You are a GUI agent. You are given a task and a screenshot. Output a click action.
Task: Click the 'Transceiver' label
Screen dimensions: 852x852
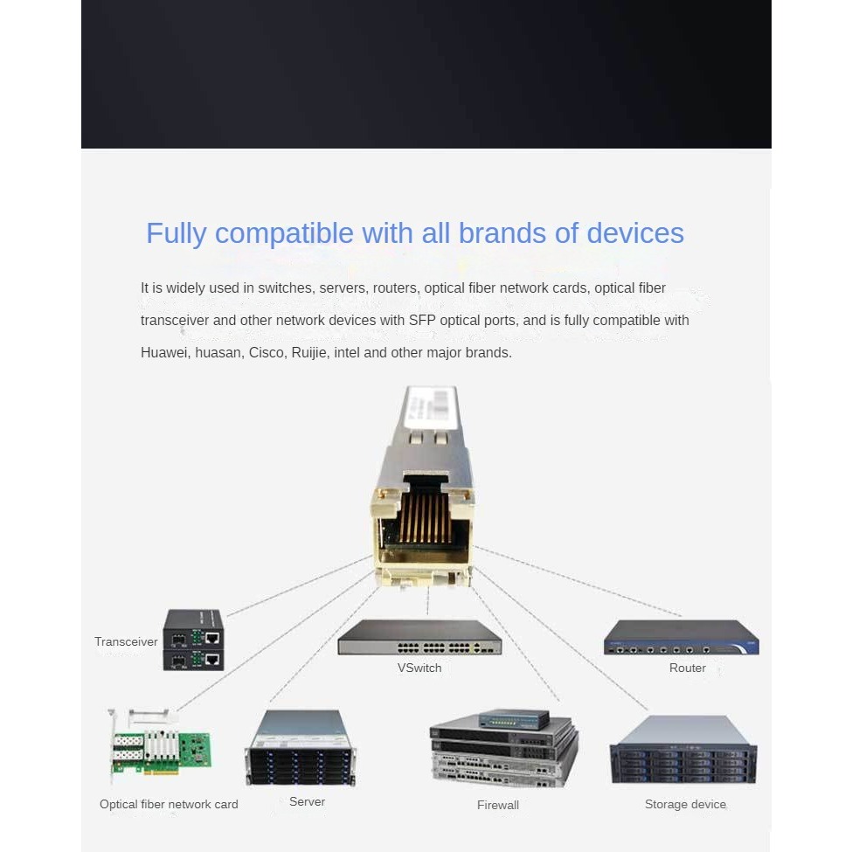(126, 641)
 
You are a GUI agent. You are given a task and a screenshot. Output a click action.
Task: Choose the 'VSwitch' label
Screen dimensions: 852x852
(419, 668)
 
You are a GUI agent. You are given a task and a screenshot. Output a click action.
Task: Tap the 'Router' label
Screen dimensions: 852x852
(688, 668)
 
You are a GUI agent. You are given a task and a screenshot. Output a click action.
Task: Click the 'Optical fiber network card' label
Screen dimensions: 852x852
(169, 804)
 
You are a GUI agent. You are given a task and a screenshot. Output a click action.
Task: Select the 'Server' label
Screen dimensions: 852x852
(307, 801)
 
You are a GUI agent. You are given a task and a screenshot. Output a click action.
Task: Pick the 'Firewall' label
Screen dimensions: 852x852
(498, 805)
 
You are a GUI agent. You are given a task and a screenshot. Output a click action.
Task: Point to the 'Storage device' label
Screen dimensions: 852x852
(685, 804)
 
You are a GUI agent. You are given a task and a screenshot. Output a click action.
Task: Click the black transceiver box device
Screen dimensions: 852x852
(193, 640)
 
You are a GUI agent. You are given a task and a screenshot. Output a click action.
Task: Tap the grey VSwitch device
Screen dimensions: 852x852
(419, 637)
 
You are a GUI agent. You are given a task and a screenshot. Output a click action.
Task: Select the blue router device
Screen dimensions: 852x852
(682, 637)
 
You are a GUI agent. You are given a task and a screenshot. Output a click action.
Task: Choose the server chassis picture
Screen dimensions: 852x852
(301, 748)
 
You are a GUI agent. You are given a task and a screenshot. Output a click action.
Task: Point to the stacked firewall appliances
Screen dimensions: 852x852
(504, 749)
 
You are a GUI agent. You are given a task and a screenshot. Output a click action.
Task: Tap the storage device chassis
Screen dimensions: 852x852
(683, 750)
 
